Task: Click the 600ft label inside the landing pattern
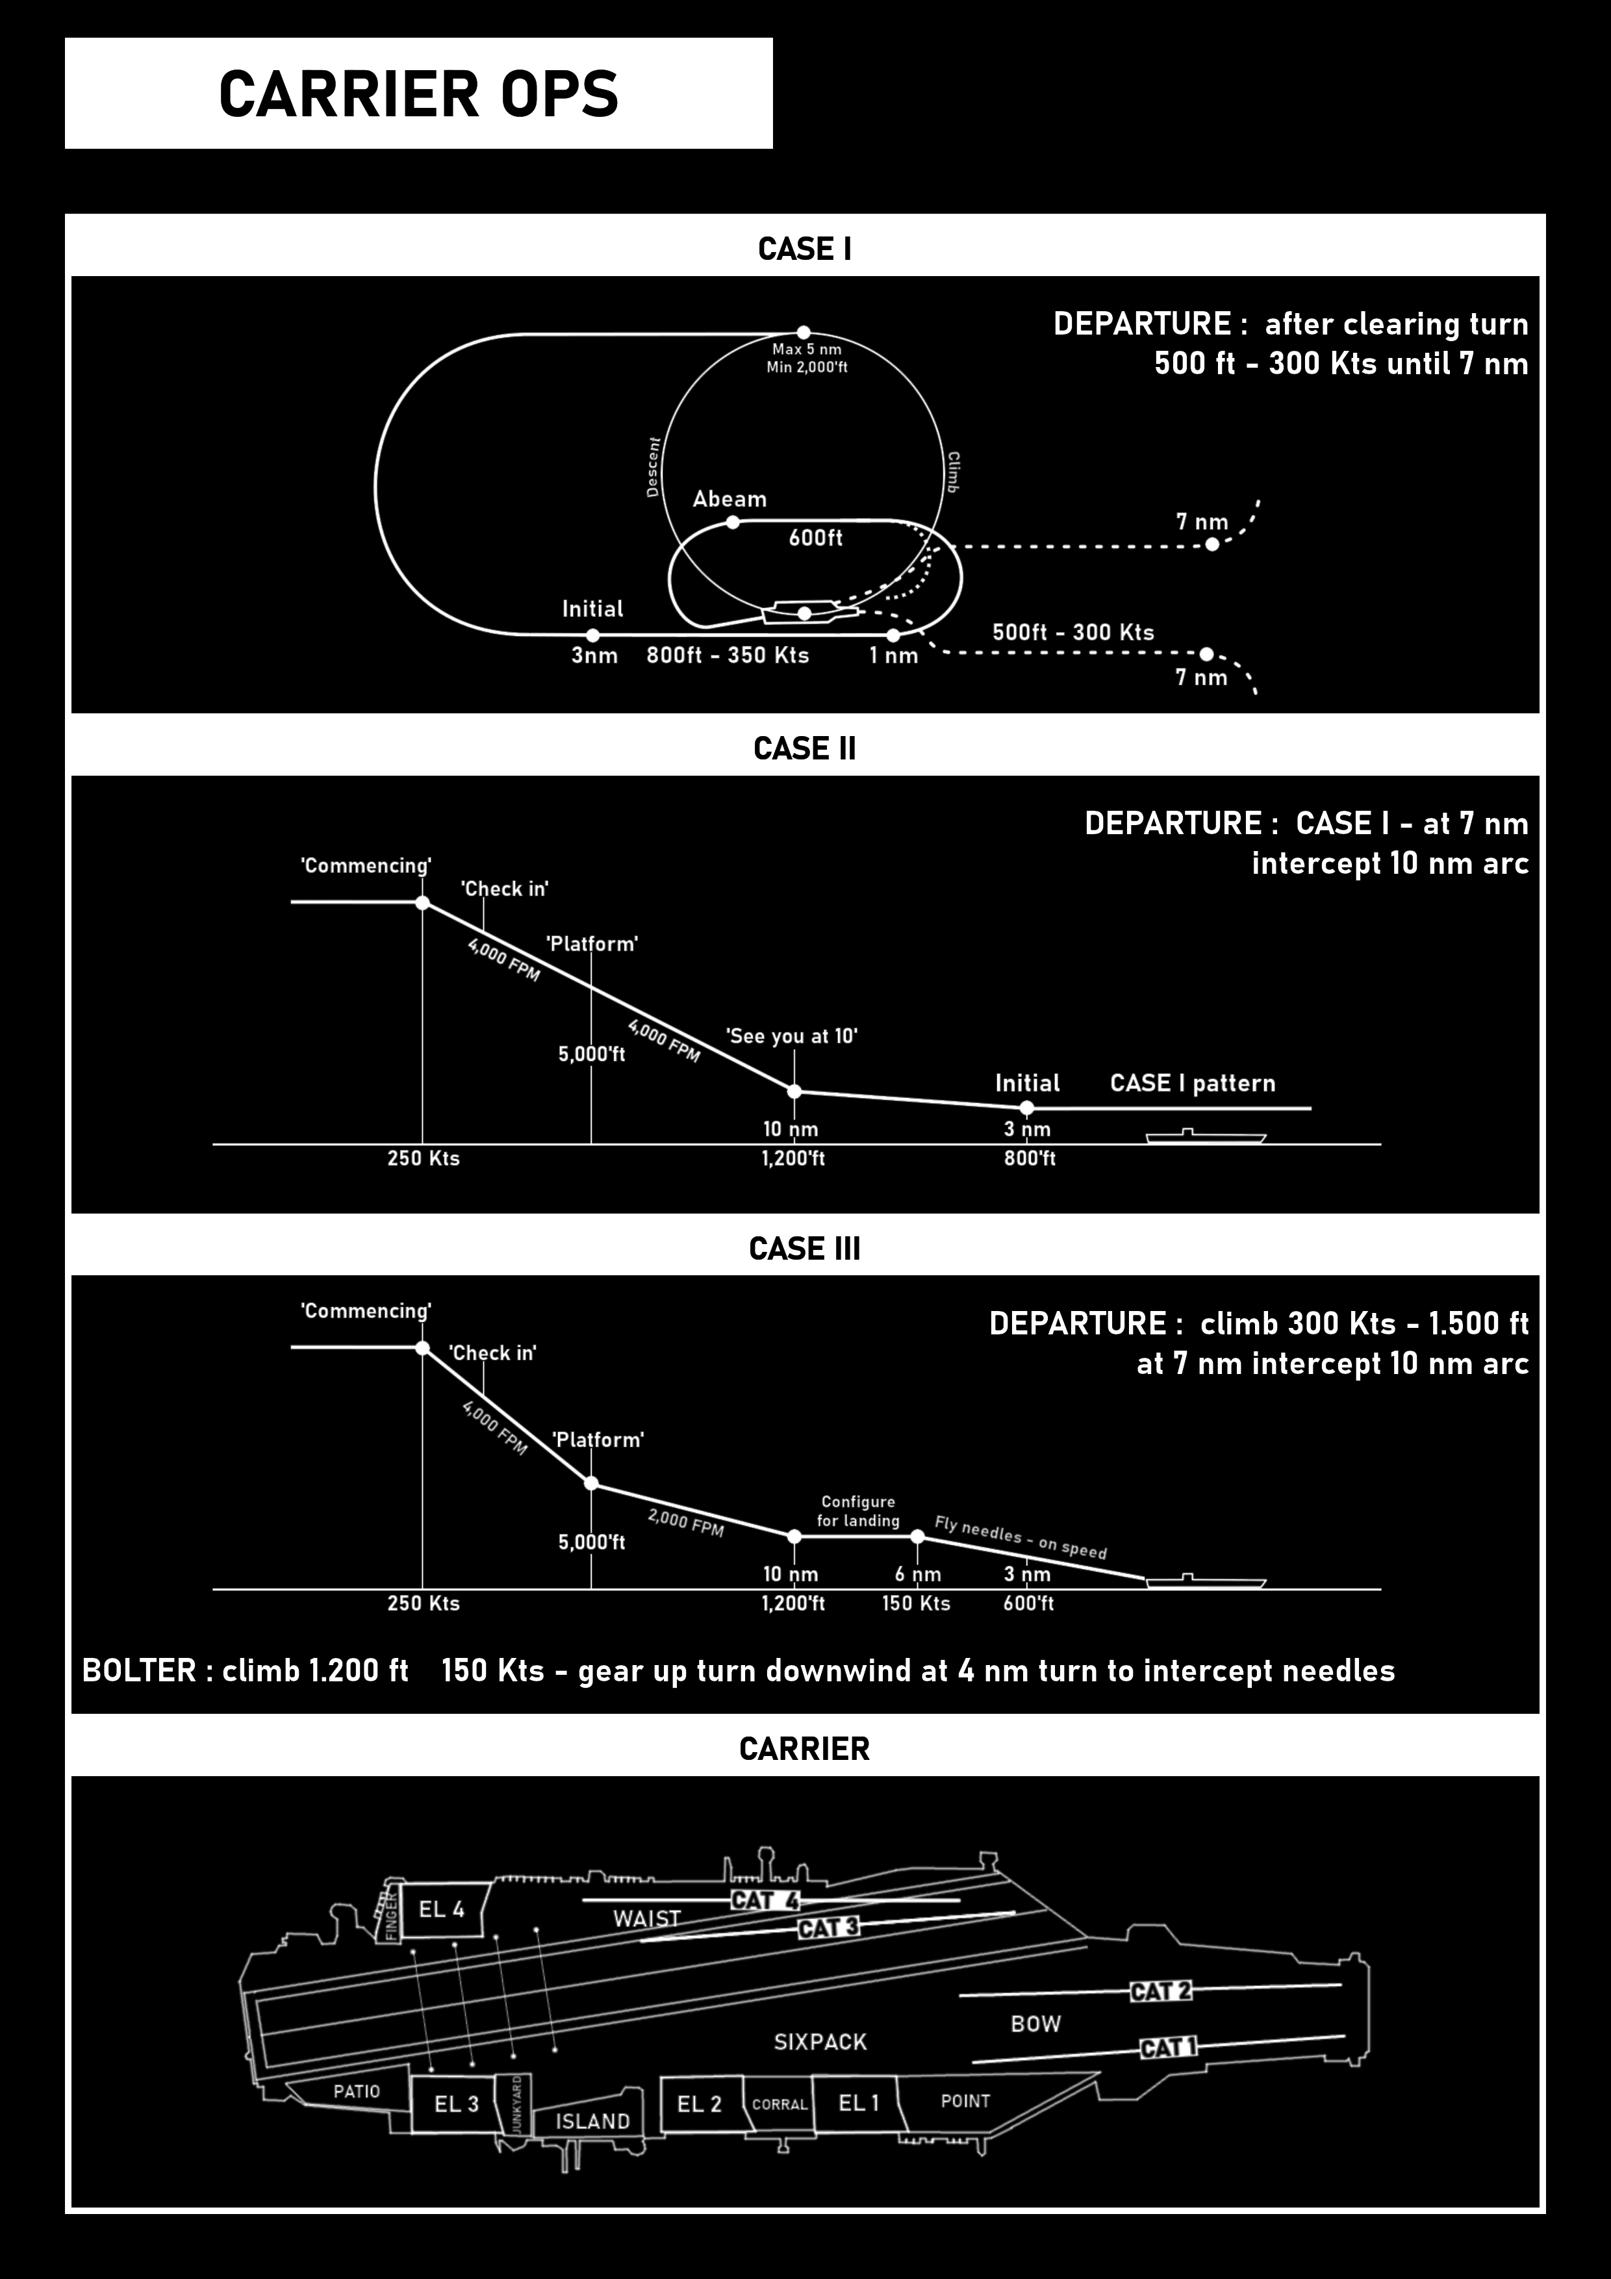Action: [815, 538]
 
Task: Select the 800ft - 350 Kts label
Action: [728, 655]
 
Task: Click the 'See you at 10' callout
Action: [791, 1036]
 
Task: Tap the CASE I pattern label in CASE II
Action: [1192, 1083]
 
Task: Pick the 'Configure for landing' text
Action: [857, 1510]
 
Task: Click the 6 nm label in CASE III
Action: [917, 1574]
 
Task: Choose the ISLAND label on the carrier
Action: [592, 2121]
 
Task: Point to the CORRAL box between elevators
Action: [780, 2104]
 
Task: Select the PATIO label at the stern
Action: [357, 2091]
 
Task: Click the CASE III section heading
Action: [804, 1249]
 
